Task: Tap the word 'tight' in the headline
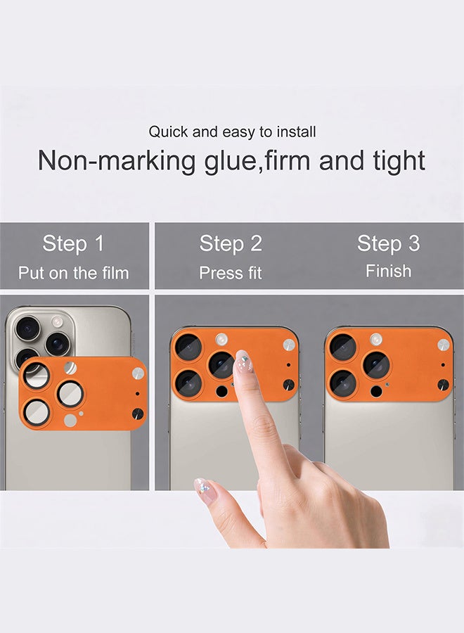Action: click(x=397, y=161)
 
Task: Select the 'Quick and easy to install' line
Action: click(x=232, y=132)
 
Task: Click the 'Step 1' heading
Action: click(x=73, y=244)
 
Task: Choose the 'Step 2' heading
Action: click(x=231, y=244)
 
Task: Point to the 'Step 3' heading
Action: click(x=388, y=244)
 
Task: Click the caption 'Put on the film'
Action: click(x=73, y=273)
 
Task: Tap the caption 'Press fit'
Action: click(x=231, y=273)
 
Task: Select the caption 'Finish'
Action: click(x=388, y=271)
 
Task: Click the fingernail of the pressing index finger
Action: click(x=243, y=362)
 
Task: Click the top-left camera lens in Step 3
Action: click(x=343, y=347)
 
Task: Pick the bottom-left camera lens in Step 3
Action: click(x=343, y=383)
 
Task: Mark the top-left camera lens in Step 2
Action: click(x=188, y=347)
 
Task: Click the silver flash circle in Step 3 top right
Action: click(x=444, y=345)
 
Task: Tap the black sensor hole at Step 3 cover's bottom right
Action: click(x=444, y=385)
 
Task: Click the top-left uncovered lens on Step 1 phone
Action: click(x=28, y=328)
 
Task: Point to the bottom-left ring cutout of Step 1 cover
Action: click(x=37, y=411)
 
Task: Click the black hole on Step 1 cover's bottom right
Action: click(x=138, y=414)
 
